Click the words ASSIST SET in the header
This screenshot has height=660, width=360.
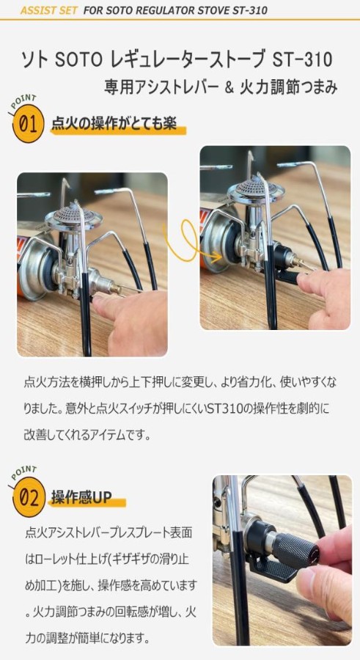pyautogui.click(x=49, y=10)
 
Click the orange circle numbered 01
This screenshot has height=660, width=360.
pyautogui.click(x=28, y=124)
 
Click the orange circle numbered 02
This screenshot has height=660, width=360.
pyautogui.click(x=28, y=499)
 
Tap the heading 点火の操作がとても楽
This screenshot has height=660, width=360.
pyautogui.click(x=114, y=124)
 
